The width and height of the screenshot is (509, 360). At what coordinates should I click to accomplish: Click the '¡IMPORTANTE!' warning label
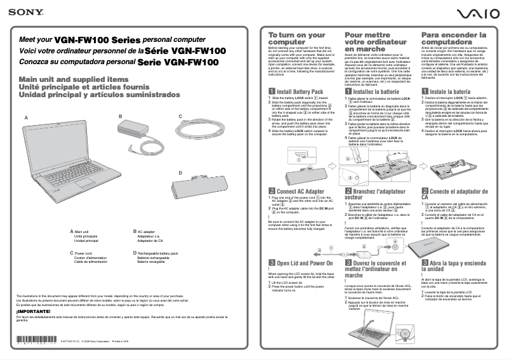tap(32, 312)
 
